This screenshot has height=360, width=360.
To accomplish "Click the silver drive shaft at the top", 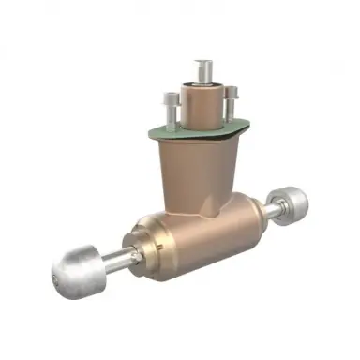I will (x=202, y=71).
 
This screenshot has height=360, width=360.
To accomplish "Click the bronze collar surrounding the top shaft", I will (x=201, y=105).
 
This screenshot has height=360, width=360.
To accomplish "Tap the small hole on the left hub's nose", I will (x=57, y=278).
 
